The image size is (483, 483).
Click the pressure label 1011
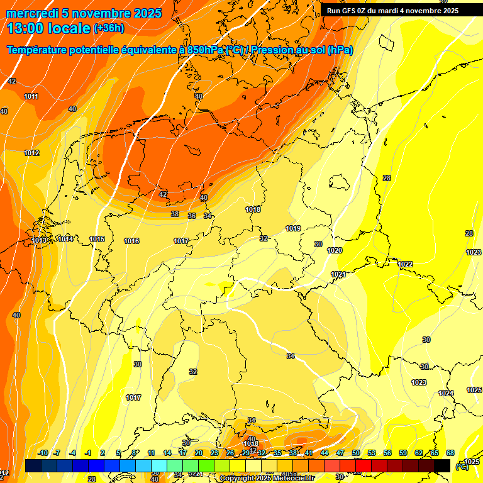click(31, 96)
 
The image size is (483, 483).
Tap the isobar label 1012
click(31, 153)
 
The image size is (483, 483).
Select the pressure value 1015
click(97, 239)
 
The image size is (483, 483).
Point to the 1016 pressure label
click(131, 241)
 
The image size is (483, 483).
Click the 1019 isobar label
click(293, 228)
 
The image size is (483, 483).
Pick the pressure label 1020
click(335, 250)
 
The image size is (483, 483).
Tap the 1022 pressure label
click(405, 264)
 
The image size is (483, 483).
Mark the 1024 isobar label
click(446, 393)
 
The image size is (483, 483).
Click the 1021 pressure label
click(338, 274)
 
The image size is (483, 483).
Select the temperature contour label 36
click(192, 216)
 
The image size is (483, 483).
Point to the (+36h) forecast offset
click(109, 28)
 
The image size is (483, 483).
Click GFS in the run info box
click(353, 11)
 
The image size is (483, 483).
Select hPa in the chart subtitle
click(340, 50)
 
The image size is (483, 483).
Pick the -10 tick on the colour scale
click(43, 453)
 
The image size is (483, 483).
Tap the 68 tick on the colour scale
click(450, 453)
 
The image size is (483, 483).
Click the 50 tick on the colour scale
click(355, 453)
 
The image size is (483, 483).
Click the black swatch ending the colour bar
click(442, 465)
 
